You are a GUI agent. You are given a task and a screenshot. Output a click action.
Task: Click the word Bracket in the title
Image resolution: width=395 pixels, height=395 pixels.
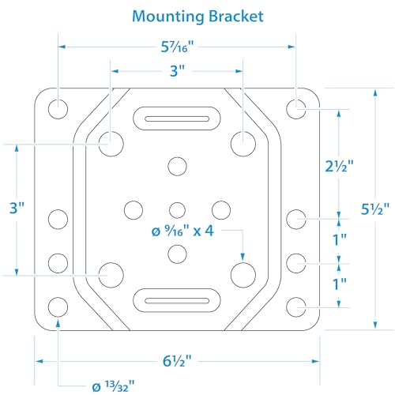(236, 17)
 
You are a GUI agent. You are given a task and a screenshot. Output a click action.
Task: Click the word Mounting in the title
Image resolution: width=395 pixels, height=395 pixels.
(168, 17)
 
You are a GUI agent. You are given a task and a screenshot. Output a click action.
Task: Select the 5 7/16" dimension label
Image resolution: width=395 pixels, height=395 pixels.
(177, 47)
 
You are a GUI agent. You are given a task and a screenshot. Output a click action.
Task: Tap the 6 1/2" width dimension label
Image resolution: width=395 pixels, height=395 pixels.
(177, 361)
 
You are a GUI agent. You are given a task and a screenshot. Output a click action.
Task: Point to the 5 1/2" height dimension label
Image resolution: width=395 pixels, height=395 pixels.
(375, 209)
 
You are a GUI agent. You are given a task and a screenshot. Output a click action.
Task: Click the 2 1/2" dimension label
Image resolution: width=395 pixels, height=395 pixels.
(339, 166)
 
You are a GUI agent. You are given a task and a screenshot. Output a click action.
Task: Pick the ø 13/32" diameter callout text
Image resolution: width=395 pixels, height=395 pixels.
(113, 386)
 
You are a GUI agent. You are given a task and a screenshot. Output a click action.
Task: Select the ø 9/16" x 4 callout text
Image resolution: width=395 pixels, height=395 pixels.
(182, 231)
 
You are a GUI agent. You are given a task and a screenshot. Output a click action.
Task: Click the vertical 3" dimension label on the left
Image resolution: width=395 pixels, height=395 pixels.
(17, 208)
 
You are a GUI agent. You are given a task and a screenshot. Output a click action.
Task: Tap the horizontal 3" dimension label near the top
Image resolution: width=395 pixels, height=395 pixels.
(177, 71)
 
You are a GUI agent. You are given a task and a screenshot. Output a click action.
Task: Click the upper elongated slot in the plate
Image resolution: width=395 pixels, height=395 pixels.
(177, 118)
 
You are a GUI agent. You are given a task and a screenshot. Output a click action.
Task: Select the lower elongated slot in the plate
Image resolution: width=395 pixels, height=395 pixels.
(177, 300)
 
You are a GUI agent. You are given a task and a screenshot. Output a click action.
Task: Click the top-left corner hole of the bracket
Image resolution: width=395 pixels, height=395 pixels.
(58, 109)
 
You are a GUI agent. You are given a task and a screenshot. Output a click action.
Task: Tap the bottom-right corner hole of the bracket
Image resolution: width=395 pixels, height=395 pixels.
(296, 307)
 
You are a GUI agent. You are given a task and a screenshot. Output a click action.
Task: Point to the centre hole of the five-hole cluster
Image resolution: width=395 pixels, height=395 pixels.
(177, 210)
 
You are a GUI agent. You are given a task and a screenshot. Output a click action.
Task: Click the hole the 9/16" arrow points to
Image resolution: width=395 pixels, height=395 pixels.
(243, 275)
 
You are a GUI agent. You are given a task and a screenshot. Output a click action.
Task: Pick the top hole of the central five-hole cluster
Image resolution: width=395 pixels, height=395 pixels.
(177, 167)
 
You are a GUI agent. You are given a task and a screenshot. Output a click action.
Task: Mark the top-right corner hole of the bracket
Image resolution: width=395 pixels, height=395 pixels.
(296, 109)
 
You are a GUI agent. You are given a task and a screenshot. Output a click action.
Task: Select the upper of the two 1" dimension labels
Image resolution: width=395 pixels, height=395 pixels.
(340, 239)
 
